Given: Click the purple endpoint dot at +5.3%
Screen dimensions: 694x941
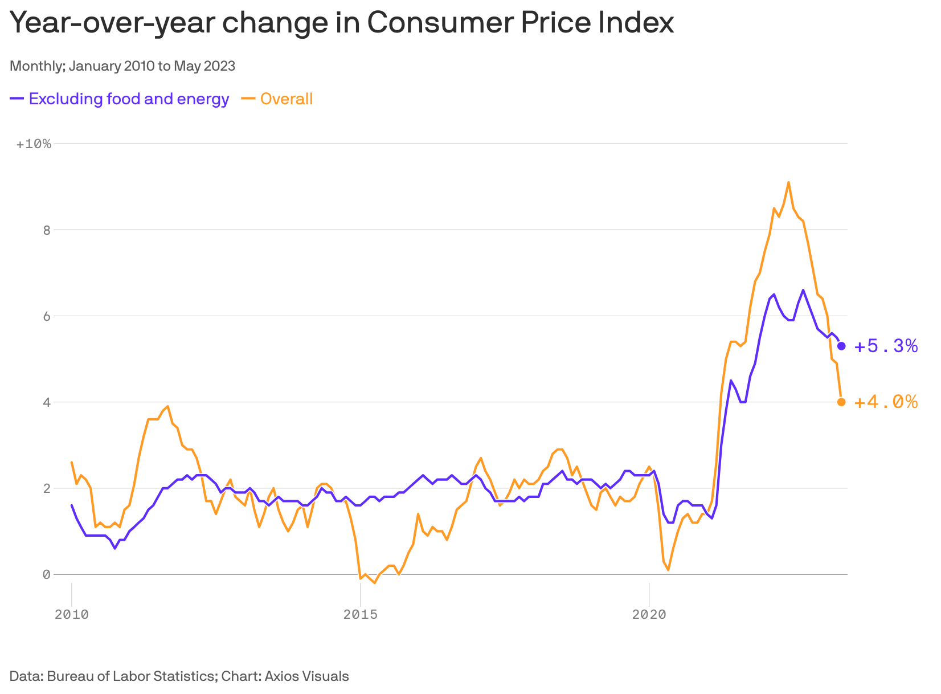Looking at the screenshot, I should click(x=841, y=346).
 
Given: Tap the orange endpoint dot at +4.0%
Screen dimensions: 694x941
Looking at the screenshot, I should click(x=841, y=402).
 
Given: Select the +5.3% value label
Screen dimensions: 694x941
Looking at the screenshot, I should click(x=886, y=346).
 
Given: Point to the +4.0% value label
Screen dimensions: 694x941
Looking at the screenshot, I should click(x=886, y=402).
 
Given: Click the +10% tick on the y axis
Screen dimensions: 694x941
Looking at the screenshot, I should click(x=34, y=144).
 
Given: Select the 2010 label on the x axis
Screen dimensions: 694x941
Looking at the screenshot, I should click(x=72, y=615).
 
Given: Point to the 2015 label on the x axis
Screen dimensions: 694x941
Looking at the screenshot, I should click(x=360, y=615).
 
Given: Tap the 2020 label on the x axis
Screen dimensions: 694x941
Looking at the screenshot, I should click(x=649, y=615).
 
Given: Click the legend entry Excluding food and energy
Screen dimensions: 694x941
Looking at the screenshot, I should click(x=129, y=99).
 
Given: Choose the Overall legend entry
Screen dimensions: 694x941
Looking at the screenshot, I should click(x=286, y=99).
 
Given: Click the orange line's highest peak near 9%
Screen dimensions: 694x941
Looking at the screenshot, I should click(x=788, y=182).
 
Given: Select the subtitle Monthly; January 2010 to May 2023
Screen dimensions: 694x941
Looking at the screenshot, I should click(x=122, y=66).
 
